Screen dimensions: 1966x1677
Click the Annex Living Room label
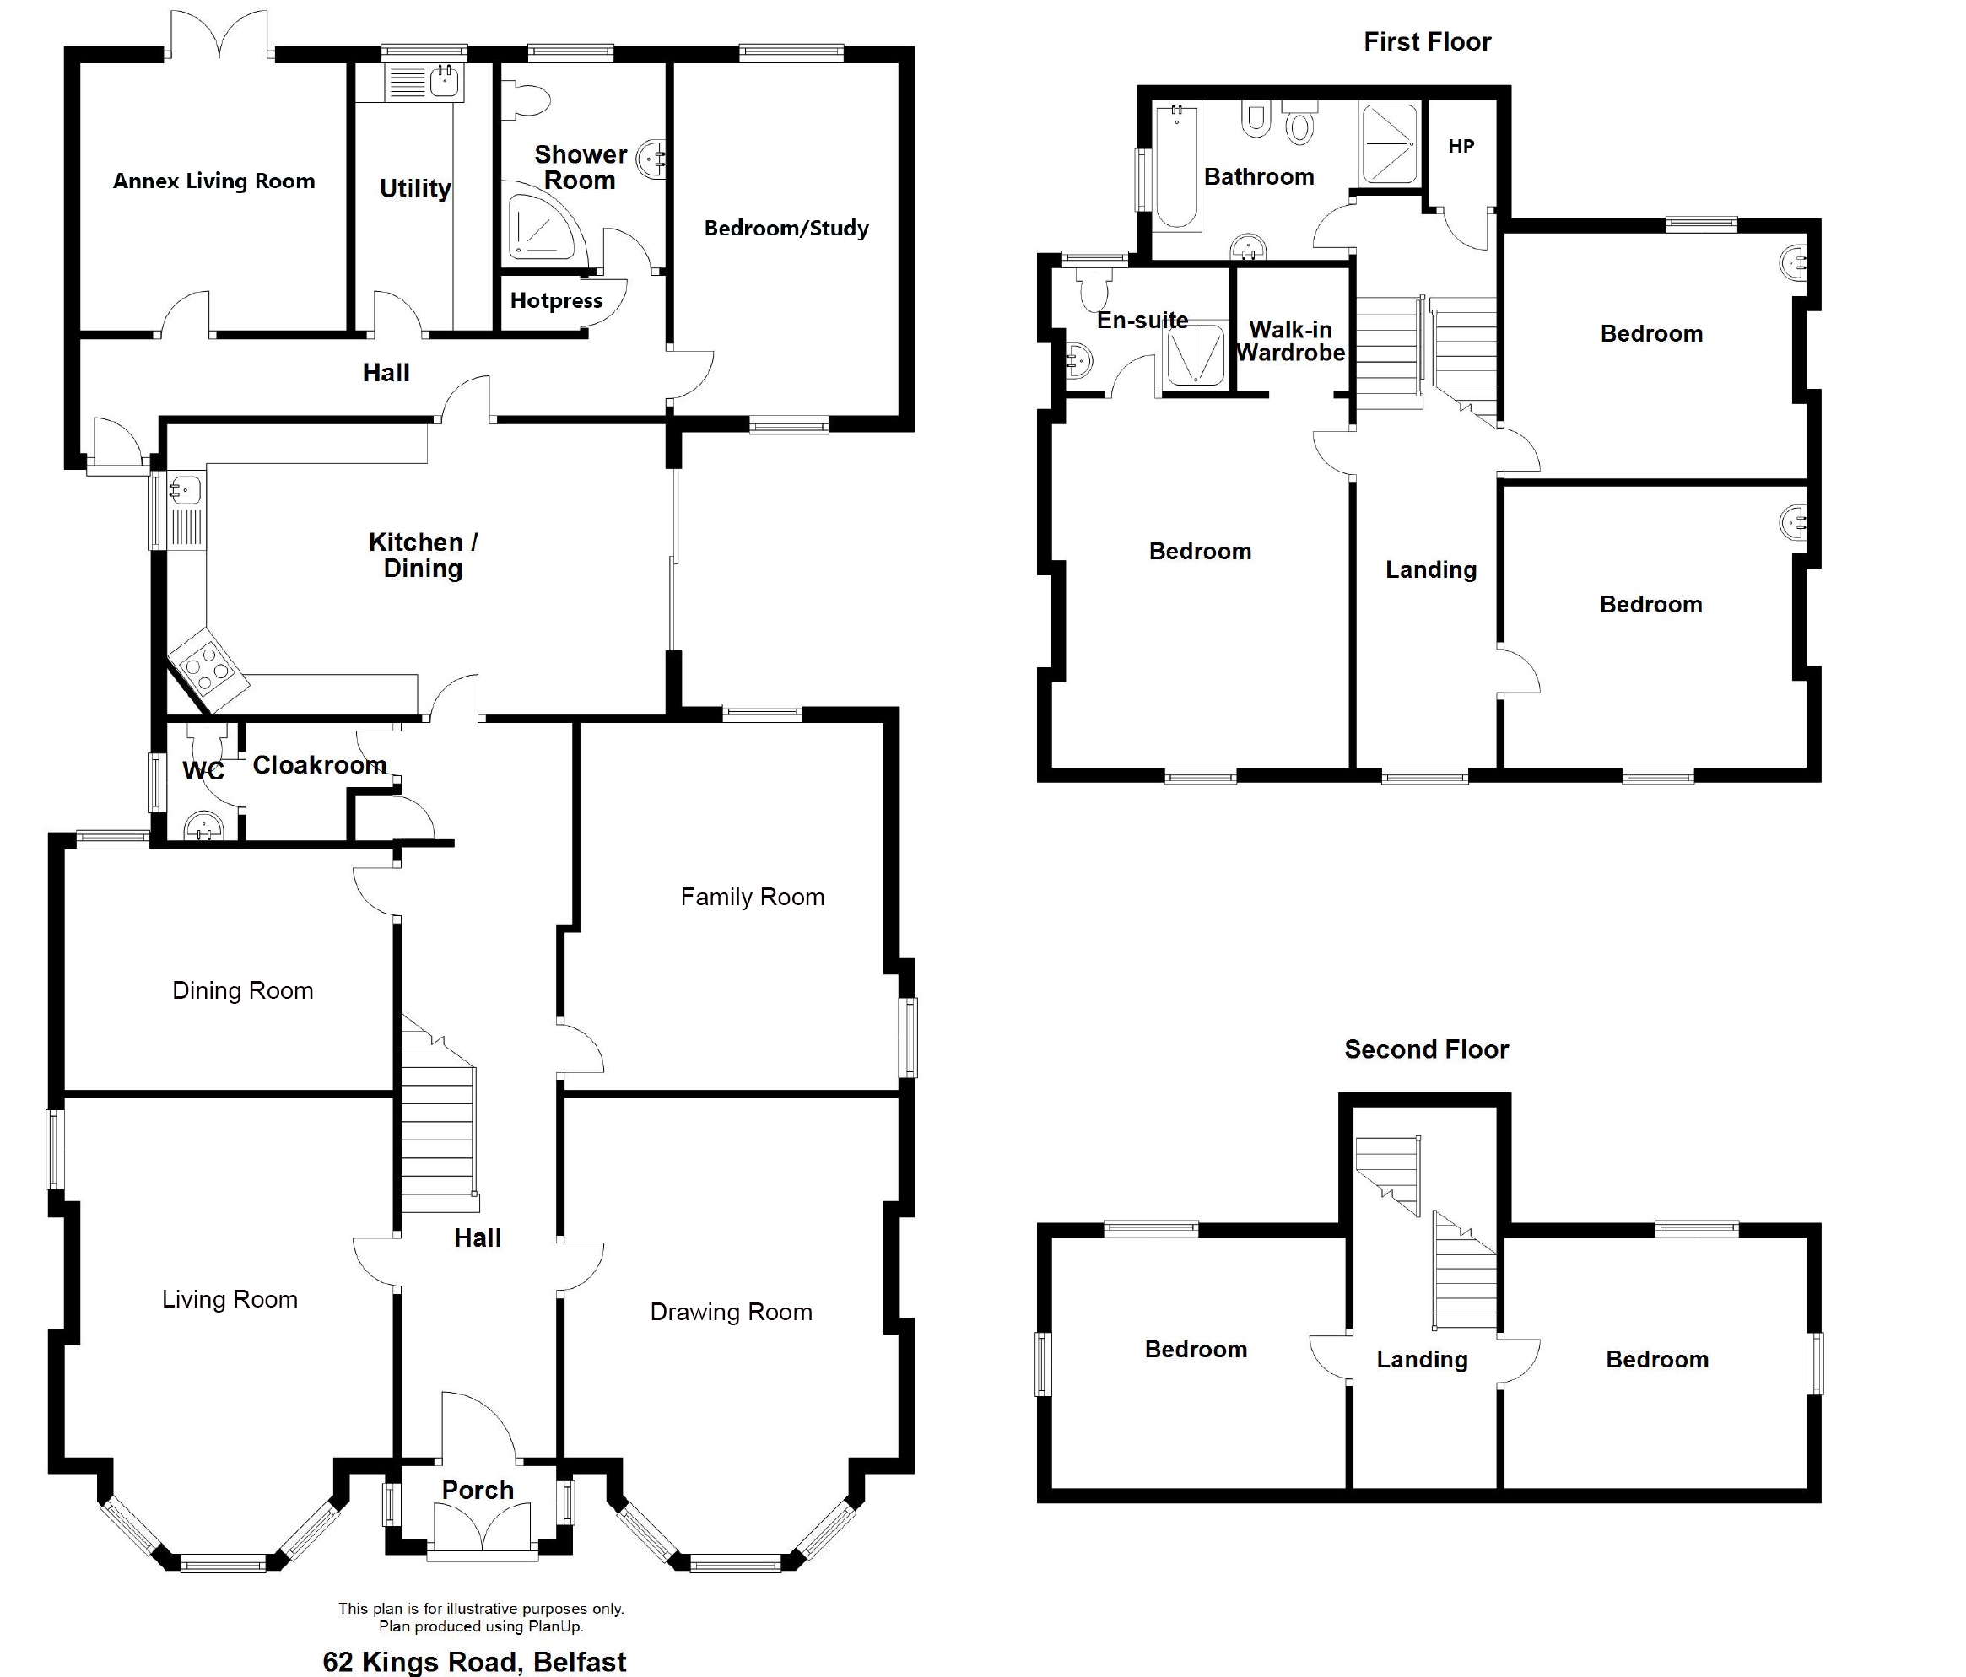pyautogui.click(x=213, y=181)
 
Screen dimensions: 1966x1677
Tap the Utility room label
pyautogui.click(x=416, y=189)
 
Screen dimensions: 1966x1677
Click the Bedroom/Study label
pyautogui.click(x=786, y=228)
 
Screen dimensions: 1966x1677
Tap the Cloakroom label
pyautogui.click(x=320, y=764)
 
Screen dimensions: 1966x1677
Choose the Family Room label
pyautogui.click(x=753, y=897)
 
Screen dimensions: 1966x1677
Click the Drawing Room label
pyautogui.click(x=732, y=1312)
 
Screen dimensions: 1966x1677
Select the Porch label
pyautogui.click(x=478, y=1490)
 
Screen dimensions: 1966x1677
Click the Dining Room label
pyautogui.click(x=243, y=990)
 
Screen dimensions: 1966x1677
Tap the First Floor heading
pyautogui.click(x=1427, y=41)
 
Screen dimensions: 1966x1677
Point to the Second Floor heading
pyautogui.click(x=1426, y=1049)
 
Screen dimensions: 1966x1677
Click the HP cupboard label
pyautogui.click(x=1461, y=146)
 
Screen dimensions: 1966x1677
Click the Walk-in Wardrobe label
pyautogui.click(x=1290, y=342)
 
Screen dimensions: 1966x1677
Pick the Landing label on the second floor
pyautogui.click(x=1423, y=1359)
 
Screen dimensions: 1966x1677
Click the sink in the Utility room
pyautogui.click(x=444, y=82)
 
